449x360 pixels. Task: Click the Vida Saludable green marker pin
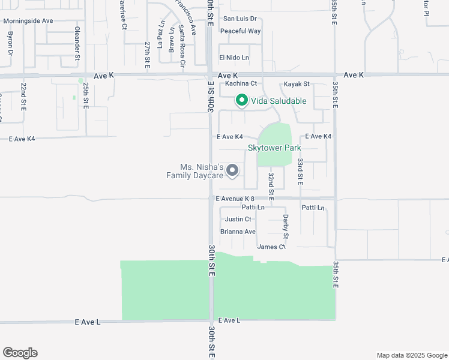pyautogui.click(x=241, y=101)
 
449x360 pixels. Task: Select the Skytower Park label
pyautogui.click(x=274, y=148)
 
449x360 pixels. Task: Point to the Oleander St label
pyautogui.click(x=77, y=44)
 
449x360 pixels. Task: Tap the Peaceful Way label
pyautogui.click(x=240, y=31)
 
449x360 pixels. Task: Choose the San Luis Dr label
pyautogui.click(x=240, y=19)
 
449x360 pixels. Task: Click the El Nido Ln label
pyautogui.click(x=234, y=58)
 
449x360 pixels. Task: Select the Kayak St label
pyautogui.click(x=297, y=84)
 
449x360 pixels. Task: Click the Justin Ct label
pyautogui.click(x=238, y=219)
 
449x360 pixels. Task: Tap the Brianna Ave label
pyautogui.click(x=238, y=232)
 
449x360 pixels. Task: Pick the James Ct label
pyautogui.click(x=271, y=247)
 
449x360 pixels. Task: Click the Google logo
pyautogui.click(x=20, y=353)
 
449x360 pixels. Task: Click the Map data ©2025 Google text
pyautogui.click(x=411, y=355)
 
